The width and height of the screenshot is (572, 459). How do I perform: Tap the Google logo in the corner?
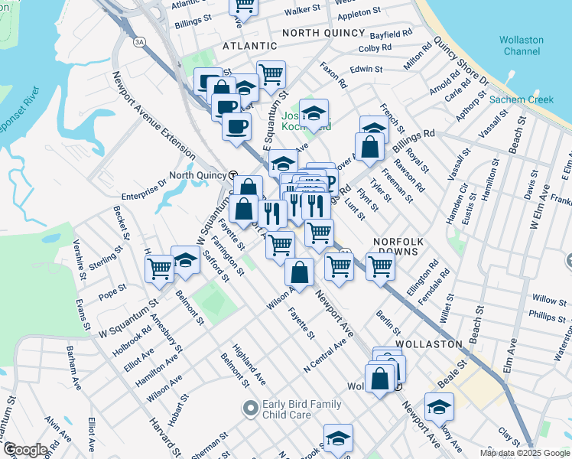(x=24, y=450)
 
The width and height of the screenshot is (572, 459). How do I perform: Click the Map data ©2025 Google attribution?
(x=525, y=453)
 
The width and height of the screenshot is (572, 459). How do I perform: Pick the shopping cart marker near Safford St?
(x=159, y=268)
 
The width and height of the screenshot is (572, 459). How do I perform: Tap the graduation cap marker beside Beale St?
(x=439, y=407)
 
